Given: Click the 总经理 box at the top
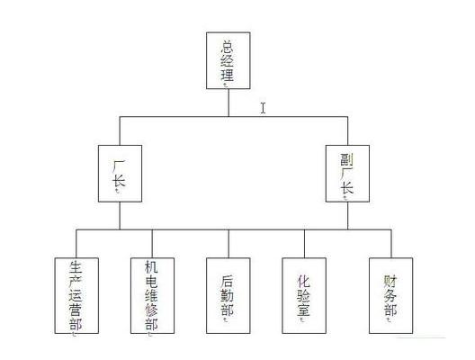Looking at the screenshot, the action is pyautogui.click(x=229, y=60).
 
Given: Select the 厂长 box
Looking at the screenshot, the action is pyautogui.click(x=120, y=174).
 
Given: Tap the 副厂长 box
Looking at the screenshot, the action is pyautogui.click(x=347, y=174).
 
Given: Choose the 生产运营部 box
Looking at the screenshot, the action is pyautogui.click(x=76, y=295).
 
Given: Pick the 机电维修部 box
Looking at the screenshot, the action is pyautogui.click(x=152, y=295).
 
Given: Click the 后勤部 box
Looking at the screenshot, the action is pyautogui.click(x=229, y=295).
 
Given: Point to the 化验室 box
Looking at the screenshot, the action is pyautogui.click(x=304, y=295).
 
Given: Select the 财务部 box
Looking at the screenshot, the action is pyautogui.click(x=390, y=295).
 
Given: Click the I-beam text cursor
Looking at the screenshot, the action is pyautogui.click(x=263, y=108).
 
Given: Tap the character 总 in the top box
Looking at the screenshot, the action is pyautogui.click(x=228, y=48).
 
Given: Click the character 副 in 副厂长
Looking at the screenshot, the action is pyautogui.click(x=346, y=159).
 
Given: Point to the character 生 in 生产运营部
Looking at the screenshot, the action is pyautogui.click(x=76, y=267).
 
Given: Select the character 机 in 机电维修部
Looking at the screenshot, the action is pyautogui.click(x=151, y=267).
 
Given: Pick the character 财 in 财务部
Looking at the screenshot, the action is pyautogui.click(x=390, y=281).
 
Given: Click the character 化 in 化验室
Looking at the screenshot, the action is pyautogui.click(x=303, y=281).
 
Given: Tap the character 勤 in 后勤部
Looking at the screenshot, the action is pyautogui.click(x=228, y=295).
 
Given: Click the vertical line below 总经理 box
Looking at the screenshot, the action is pyautogui.click(x=229, y=103).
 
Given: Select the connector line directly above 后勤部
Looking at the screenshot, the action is pyautogui.click(x=229, y=244).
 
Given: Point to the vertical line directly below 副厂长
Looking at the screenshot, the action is pyautogui.click(x=347, y=216).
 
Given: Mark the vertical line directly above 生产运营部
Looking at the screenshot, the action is pyautogui.click(x=76, y=244).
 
